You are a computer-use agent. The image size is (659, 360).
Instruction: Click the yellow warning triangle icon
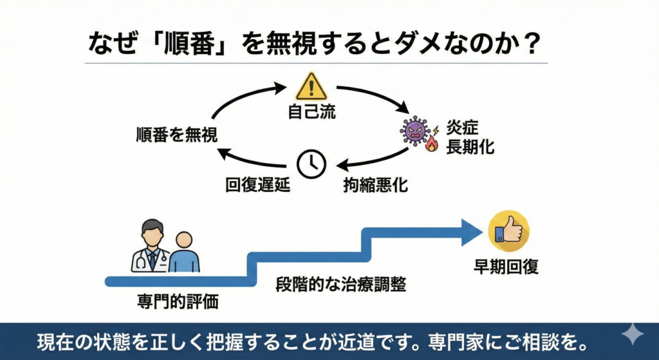pos(311,86)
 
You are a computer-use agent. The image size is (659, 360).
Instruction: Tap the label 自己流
pos(311,112)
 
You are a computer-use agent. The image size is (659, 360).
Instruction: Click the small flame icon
pos(431,146)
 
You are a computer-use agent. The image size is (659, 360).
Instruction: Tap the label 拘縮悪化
pos(374,186)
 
